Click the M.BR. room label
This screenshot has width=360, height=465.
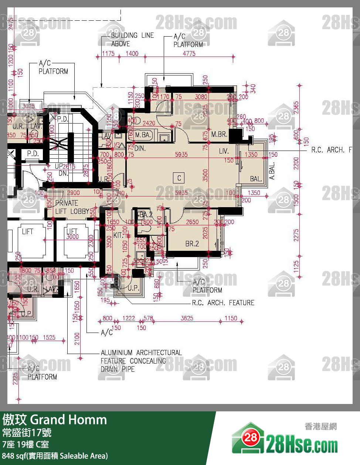tap(219, 134)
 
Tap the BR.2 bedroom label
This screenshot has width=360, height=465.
tap(192, 244)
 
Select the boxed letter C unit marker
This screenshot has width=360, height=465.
tap(179, 178)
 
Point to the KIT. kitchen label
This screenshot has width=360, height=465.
tap(118, 235)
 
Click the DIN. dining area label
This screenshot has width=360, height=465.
tap(140, 148)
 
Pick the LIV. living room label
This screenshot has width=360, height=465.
tap(224, 151)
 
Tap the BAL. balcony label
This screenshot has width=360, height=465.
tap(256, 179)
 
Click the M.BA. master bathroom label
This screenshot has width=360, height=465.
tap(143, 135)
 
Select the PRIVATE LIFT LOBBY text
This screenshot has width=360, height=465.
tap(72, 207)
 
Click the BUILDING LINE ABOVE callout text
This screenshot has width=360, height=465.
tap(132, 39)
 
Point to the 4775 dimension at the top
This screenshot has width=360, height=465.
tap(189, 53)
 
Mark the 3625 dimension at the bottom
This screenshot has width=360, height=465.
tap(187, 318)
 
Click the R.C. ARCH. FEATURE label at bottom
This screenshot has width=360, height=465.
tap(223, 303)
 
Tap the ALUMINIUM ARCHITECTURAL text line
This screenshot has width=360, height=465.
tap(141, 353)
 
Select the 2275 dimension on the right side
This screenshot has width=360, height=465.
tap(296, 235)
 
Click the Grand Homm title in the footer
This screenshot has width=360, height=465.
tap(68, 419)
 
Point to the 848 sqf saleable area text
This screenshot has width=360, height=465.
tap(55, 456)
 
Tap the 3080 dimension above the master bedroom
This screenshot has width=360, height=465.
tap(201, 97)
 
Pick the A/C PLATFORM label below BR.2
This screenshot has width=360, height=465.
tap(207, 286)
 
